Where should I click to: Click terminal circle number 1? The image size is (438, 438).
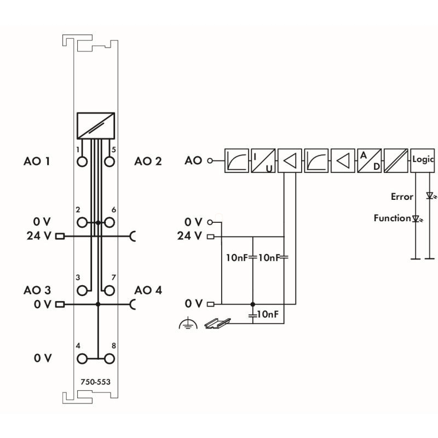click(x=82, y=162)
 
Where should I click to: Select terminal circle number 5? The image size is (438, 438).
click(x=109, y=162)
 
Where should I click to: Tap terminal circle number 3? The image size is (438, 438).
click(x=82, y=290)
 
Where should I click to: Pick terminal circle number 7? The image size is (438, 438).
click(x=109, y=290)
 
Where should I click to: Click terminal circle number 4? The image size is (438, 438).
click(x=82, y=359)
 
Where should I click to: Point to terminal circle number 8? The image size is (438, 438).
click(x=109, y=359)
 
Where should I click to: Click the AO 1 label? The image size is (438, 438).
click(x=38, y=162)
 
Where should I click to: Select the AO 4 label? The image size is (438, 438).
click(x=148, y=290)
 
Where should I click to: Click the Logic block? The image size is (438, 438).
click(x=423, y=161)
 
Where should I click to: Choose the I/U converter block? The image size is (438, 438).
click(x=263, y=161)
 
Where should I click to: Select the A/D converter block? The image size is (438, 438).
click(x=370, y=161)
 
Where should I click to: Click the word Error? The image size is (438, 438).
click(x=402, y=195)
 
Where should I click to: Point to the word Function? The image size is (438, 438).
click(x=392, y=218)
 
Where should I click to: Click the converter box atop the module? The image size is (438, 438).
click(x=96, y=125)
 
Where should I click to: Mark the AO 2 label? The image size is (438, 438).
click(x=148, y=162)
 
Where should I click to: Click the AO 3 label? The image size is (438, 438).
click(x=38, y=290)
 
